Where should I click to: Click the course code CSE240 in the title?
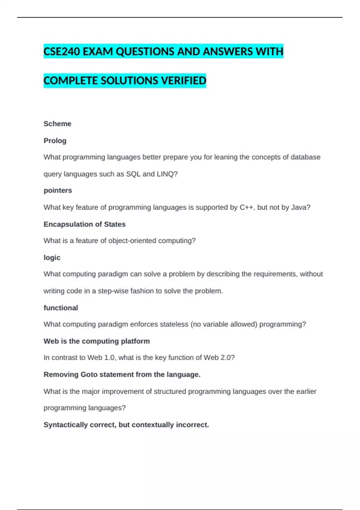pos(62,52)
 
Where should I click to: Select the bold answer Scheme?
pos(57,124)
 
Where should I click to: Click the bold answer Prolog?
pos(55,141)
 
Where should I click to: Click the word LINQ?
pos(167,174)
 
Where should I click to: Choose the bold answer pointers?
pos(58,190)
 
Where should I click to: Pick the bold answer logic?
pos(52,258)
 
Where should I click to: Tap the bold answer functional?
pos(61,308)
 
